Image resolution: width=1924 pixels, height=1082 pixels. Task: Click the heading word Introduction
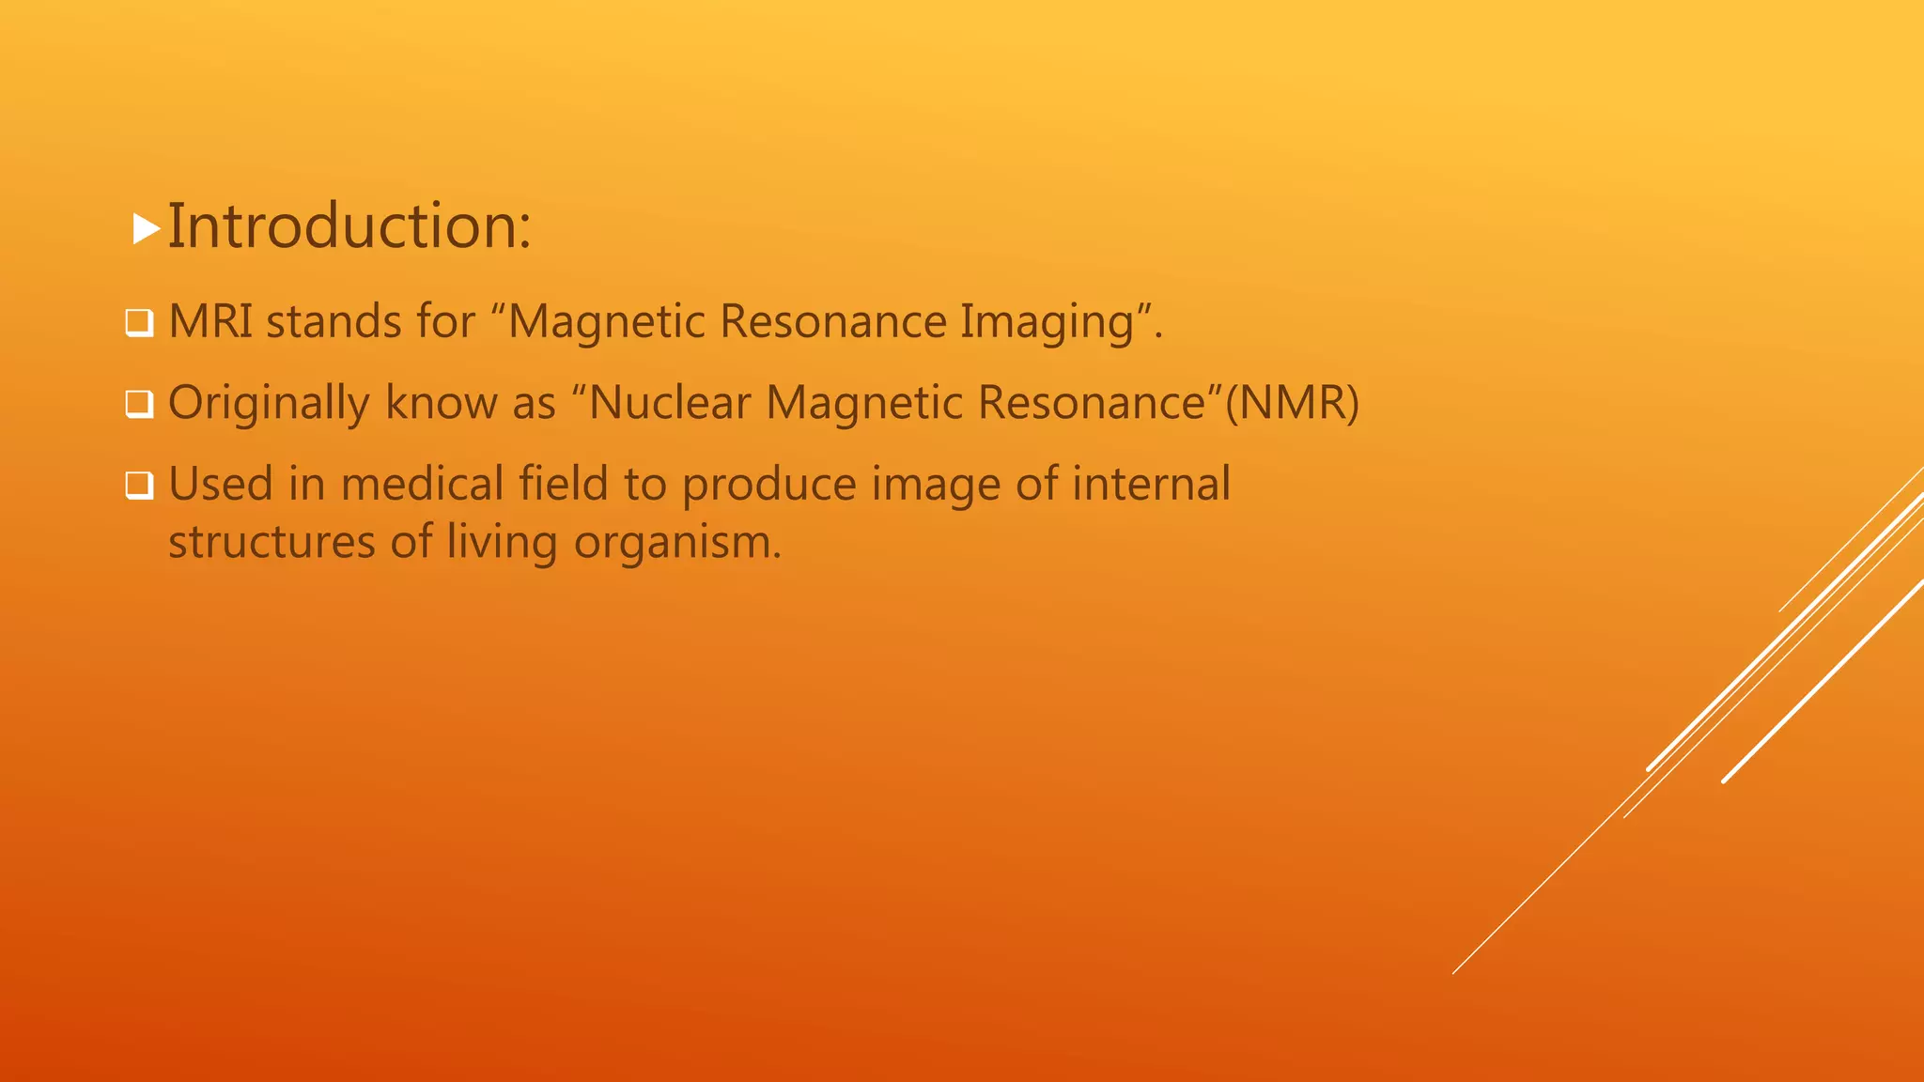[x=349, y=227]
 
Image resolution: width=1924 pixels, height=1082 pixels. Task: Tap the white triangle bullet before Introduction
[x=146, y=229]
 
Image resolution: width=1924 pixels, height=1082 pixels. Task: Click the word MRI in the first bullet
[x=211, y=321]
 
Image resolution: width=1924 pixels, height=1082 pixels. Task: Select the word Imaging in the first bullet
[x=1047, y=323]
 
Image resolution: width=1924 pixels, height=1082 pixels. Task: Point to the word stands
[x=334, y=321]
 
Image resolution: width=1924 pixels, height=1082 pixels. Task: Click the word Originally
[x=269, y=404]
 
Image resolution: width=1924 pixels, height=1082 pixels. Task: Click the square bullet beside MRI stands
[x=139, y=324]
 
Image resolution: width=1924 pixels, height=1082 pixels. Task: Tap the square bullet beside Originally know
[x=139, y=405]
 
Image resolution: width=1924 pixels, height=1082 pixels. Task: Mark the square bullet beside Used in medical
[x=139, y=487]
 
